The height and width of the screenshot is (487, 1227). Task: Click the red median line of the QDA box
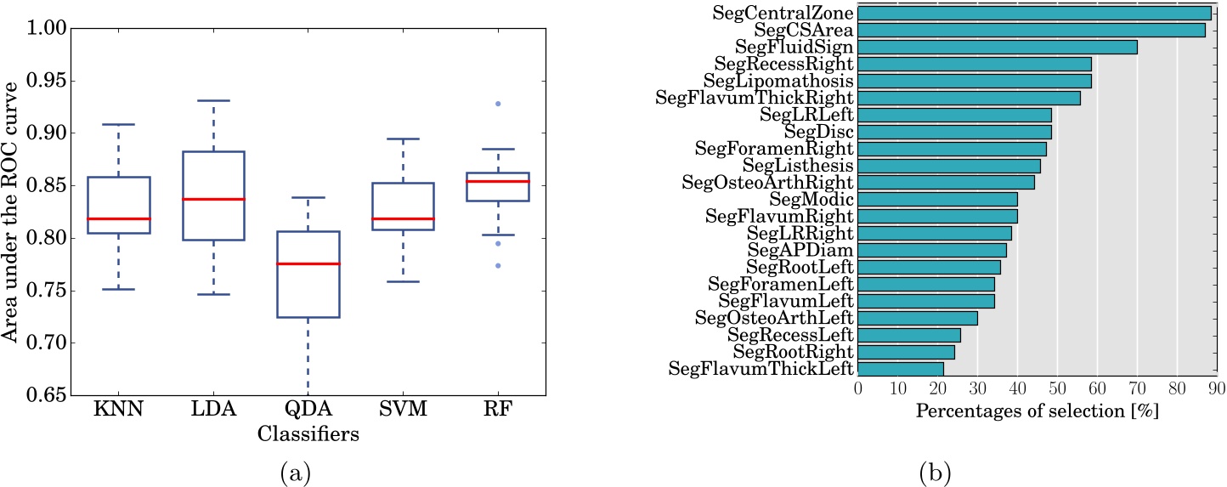tap(308, 263)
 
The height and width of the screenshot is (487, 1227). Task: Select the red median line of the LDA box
tap(213, 199)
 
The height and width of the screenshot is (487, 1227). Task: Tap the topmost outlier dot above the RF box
tap(498, 104)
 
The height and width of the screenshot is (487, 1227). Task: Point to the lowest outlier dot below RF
tap(498, 265)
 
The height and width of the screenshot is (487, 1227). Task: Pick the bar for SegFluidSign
tap(997, 47)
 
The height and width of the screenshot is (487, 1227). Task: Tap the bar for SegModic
tap(937, 199)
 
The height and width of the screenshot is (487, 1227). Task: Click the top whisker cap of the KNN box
tap(119, 125)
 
